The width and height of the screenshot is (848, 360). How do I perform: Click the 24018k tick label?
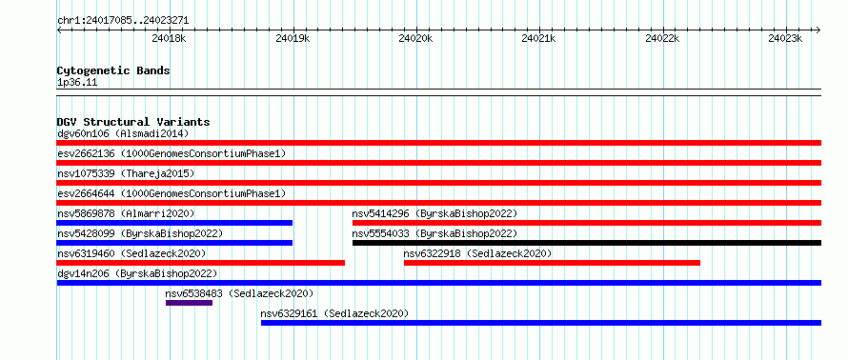169,38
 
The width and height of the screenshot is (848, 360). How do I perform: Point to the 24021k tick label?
538,38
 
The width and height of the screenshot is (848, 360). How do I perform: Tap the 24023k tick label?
785,38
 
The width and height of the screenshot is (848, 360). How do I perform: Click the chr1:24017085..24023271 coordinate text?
123,21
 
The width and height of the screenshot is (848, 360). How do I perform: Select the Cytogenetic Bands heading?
113,70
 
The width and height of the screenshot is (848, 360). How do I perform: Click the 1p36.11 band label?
77,83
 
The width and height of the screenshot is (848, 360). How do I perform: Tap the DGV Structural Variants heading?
133,122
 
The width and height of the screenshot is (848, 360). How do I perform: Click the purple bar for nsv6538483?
189,303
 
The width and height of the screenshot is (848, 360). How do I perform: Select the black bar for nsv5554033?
587,243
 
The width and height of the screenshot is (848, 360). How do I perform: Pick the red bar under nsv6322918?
552,263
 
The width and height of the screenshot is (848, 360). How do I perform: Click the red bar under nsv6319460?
201,263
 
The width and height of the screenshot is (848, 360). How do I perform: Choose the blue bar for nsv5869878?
174,223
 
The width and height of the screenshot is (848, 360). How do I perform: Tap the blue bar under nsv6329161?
541,323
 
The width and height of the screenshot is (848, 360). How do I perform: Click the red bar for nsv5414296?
587,223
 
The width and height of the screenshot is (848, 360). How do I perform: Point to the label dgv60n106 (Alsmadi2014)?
123,133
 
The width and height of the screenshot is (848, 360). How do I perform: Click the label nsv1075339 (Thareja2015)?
126,173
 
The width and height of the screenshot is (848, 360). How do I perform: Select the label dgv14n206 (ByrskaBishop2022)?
137,273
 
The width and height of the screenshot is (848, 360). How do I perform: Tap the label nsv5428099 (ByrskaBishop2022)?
140,233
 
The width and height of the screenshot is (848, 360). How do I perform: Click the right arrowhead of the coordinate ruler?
818,30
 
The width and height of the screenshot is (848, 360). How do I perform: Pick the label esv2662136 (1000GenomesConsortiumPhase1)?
172,153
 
